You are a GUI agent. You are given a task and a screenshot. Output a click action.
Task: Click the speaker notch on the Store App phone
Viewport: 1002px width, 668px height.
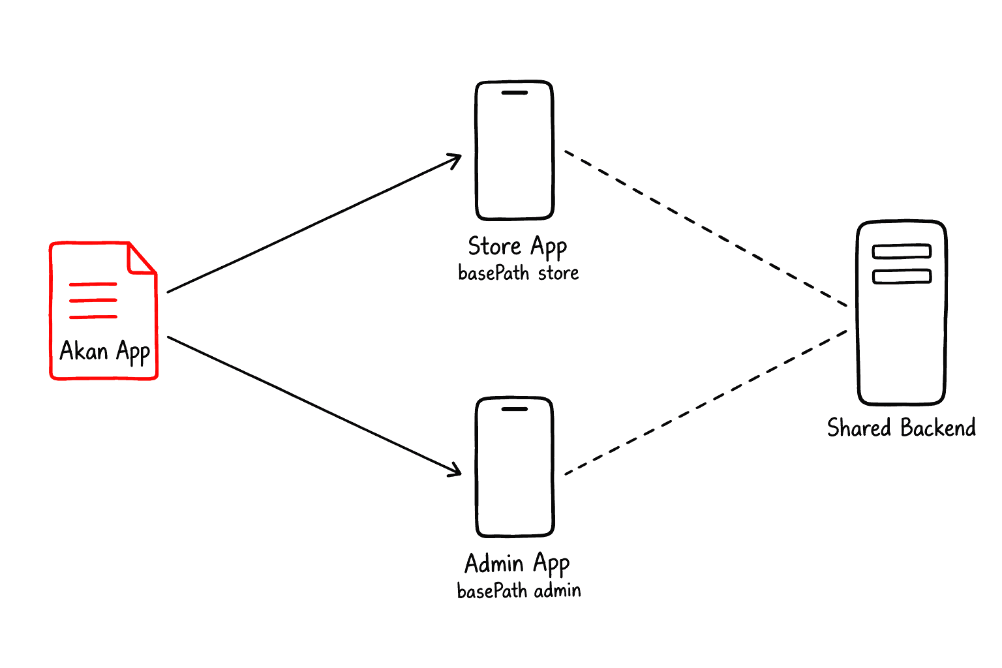[x=515, y=93]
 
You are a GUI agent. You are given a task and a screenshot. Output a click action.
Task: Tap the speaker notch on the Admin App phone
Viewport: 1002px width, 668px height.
[x=515, y=409]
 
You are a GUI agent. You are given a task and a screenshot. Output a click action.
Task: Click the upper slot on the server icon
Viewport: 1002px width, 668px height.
[x=902, y=251]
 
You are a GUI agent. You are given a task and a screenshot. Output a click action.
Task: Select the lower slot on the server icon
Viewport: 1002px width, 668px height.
[x=902, y=276]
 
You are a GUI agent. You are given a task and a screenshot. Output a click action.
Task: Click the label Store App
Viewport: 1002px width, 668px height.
[x=517, y=247]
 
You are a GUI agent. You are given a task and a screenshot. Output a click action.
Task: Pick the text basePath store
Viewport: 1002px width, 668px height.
[x=519, y=273]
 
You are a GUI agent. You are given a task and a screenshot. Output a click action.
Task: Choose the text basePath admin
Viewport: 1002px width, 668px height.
[x=519, y=590]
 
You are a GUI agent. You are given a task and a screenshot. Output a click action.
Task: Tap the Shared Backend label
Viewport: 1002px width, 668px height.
[x=902, y=427]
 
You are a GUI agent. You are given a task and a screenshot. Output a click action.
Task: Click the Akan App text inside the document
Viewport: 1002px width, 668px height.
[x=104, y=351]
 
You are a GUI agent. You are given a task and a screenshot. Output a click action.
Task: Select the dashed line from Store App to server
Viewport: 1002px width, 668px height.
[x=706, y=228]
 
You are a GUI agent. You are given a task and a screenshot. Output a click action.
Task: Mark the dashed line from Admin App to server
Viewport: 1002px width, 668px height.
[x=706, y=402]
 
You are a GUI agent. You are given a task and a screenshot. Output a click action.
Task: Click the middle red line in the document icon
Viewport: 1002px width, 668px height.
[x=93, y=300]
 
